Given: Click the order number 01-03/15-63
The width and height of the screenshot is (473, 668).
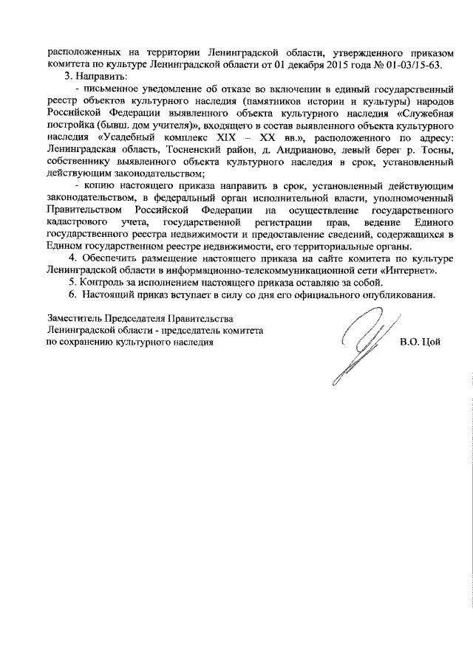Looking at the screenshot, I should tap(411, 64).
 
